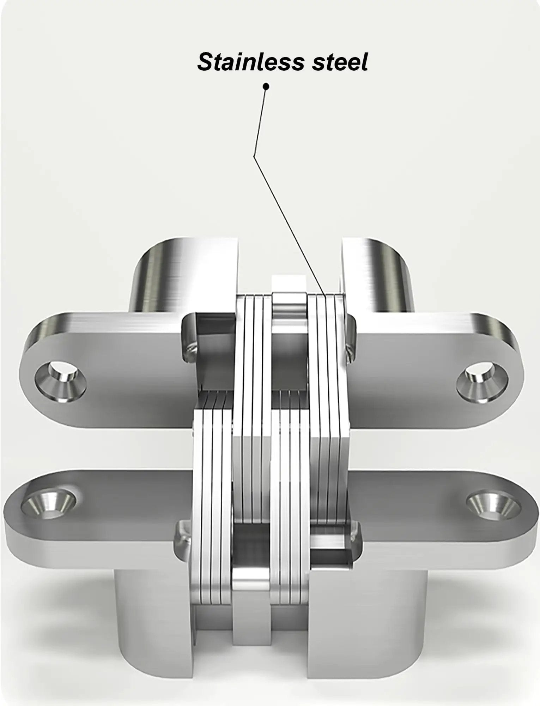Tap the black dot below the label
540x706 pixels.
coord(266,86)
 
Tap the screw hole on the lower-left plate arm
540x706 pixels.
coord(49,503)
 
